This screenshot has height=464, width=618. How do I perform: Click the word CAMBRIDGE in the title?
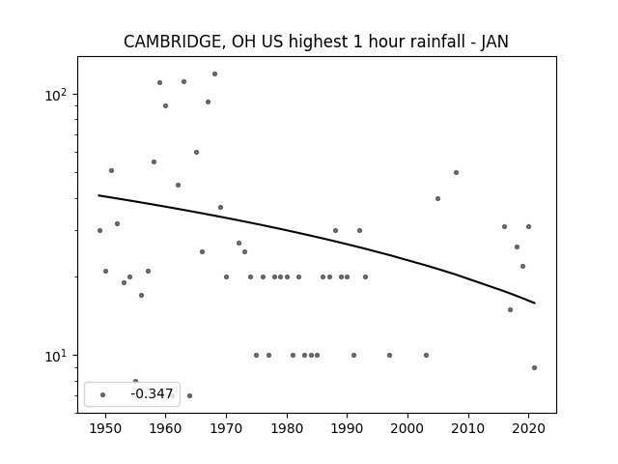(175, 42)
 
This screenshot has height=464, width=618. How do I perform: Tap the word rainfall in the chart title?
(443, 42)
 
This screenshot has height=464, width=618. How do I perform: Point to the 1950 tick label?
(105, 428)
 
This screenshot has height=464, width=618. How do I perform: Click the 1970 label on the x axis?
(226, 428)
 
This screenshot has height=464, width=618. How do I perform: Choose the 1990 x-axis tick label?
(348, 428)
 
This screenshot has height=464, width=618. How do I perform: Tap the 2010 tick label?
(468, 428)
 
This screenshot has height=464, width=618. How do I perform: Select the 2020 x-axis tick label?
(528, 428)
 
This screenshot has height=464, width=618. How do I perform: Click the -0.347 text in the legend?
(152, 393)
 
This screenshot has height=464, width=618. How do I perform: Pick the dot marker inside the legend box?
(103, 394)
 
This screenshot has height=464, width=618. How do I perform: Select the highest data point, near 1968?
(214, 73)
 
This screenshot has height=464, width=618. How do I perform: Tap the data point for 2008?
(456, 172)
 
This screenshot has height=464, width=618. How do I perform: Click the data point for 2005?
(437, 198)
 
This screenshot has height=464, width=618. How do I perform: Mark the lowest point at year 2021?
(534, 367)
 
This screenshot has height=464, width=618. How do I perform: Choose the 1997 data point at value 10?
(389, 355)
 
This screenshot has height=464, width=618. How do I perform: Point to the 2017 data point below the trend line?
(511, 309)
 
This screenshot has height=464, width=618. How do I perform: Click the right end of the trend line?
(535, 303)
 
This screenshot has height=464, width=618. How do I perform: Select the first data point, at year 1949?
(99, 230)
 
